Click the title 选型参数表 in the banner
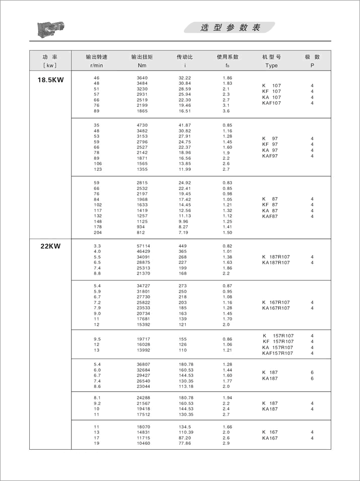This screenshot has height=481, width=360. pos(231,28)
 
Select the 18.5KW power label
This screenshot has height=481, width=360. pos(51,80)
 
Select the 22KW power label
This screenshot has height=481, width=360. pos(50,246)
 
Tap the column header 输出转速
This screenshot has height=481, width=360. pos(97,57)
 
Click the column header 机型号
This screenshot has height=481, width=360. pos(271,57)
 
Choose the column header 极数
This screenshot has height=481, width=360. pos(312,57)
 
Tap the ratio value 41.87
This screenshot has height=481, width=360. pos(185,125)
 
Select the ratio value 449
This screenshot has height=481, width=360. pos(182,245)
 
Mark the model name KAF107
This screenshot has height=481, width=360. pos(271,103)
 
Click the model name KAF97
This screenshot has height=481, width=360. pos(270,156)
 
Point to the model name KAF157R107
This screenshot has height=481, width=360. pos(277,354)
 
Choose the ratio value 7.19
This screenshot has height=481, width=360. pos(183,233)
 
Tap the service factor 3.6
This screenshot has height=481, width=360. pos(226,111)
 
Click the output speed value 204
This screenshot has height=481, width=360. pos(98,233)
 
